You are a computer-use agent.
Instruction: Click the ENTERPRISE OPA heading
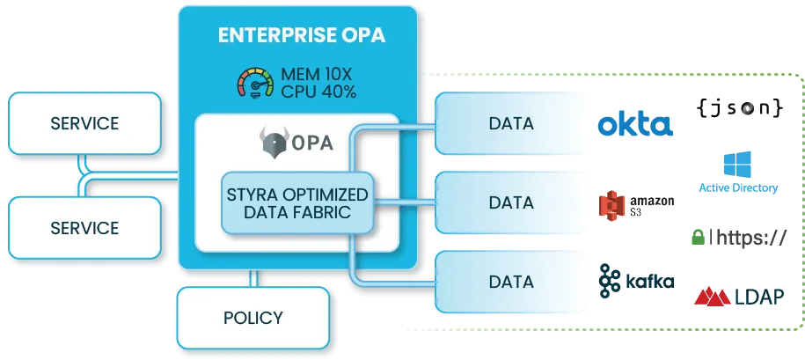coord(297,36)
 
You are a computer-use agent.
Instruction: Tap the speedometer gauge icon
coord(255,81)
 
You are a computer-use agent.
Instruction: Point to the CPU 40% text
coord(318,92)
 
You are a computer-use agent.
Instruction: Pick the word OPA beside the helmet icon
coord(311,143)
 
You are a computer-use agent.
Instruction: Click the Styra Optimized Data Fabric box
coord(298,202)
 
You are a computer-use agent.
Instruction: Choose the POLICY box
coord(252,318)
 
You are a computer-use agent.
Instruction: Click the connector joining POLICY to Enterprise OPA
coord(253,277)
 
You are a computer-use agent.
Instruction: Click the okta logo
coord(636,125)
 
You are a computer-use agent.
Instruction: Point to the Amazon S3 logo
coord(635,205)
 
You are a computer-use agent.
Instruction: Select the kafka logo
coord(635,282)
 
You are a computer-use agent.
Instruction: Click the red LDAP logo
coord(737,298)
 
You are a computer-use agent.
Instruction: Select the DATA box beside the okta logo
coord(511,124)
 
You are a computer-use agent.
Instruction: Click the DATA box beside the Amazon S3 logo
coord(511,203)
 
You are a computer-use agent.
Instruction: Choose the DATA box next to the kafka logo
coord(511,283)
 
